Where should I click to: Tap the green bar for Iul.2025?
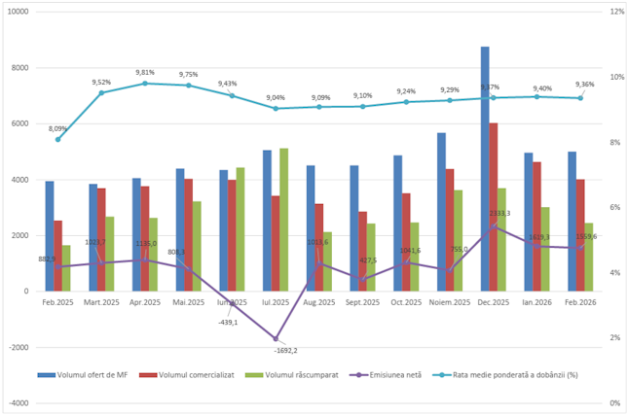click(x=284, y=219)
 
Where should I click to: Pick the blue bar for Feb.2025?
click(x=50, y=235)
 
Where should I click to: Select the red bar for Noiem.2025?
click(x=450, y=229)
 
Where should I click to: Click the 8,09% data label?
click(x=58, y=128)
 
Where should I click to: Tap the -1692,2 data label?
click(x=285, y=351)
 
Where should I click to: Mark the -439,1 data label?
click(x=226, y=322)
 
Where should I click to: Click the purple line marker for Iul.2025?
click(x=276, y=338)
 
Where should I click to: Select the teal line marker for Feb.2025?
click(x=58, y=139)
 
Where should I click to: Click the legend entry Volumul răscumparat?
click(x=290, y=374)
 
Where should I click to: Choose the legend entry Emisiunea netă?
click(x=388, y=374)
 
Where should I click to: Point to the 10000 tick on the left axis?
click(x=19, y=12)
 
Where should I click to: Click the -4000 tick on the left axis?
click(x=19, y=402)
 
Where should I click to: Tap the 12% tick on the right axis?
click(x=616, y=12)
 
